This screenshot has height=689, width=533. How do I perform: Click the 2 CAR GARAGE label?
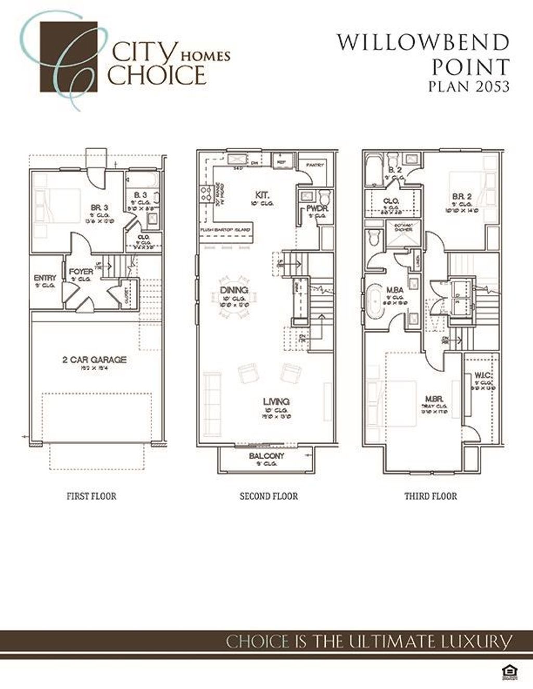pos(94,359)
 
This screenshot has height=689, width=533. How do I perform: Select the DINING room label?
pos(234,290)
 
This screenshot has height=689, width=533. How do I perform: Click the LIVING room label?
pos(276,401)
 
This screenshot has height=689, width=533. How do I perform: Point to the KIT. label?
pos(262,194)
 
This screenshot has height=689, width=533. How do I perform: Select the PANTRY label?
pos(315,165)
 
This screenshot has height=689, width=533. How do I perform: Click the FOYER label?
pos(81,271)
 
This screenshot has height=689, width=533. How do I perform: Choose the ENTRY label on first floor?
pos(45,278)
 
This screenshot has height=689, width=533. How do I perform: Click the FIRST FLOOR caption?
pos(92,496)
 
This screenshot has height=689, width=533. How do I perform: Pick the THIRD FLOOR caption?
pos(430,496)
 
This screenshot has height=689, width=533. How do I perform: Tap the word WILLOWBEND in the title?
pos(423,43)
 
